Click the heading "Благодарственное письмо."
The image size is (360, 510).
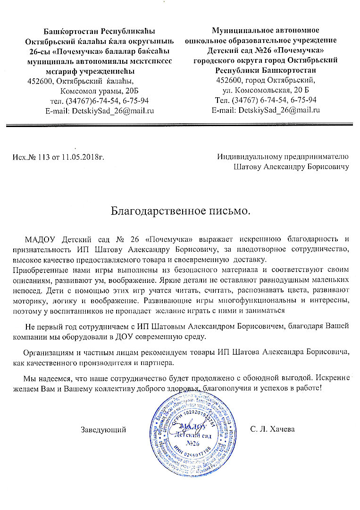tap(180, 210)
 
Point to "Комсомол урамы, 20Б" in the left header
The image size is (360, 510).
tap(99, 91)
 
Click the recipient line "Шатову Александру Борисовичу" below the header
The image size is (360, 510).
tap(291, 167)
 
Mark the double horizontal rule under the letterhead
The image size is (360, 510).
tap(180, 125)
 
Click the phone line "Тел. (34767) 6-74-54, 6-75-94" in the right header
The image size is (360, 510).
tap(265, 100)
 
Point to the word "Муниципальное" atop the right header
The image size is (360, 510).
tap(236, 31)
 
